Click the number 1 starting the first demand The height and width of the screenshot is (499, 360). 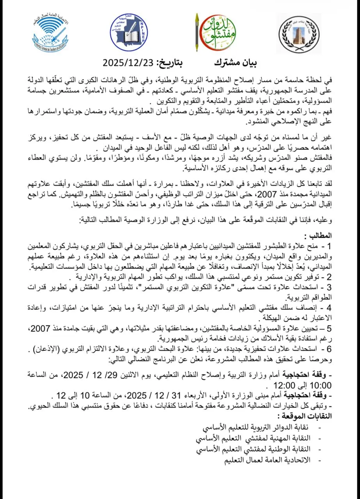point(328,246)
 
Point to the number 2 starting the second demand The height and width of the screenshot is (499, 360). point(328,278)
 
